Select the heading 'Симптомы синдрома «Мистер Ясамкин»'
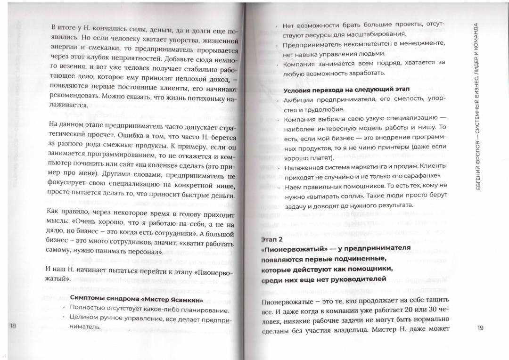pyautogui.click(x=136, y=299)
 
